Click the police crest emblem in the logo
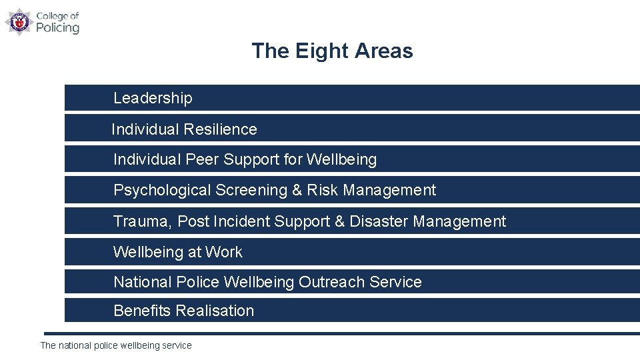(19, 21)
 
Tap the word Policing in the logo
(57, 27)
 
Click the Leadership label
(153, 98)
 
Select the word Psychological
(162, 191)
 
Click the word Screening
(251, 191)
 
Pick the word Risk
(323, 191)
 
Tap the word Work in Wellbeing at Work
(224, 252)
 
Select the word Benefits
(141, 311)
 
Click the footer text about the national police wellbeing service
(116, 345)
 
